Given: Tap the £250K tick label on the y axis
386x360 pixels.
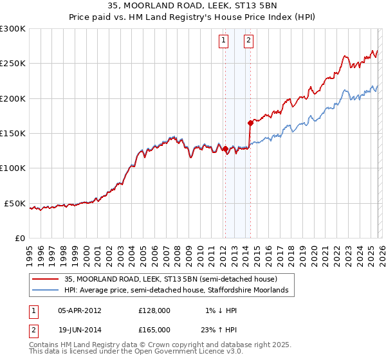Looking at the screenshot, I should [x=13, y=64].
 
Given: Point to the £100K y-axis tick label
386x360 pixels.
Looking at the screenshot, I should [x=13, y=168].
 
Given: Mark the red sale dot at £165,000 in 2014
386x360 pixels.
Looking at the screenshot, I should [x=250, y=123].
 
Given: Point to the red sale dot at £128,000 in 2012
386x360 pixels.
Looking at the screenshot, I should [x=225, y=149].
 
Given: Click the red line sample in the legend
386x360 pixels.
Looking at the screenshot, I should [x=46, y=279].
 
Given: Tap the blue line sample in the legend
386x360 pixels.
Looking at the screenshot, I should [x=46, y=291].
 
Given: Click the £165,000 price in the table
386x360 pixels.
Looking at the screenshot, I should [x=154, y=329].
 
